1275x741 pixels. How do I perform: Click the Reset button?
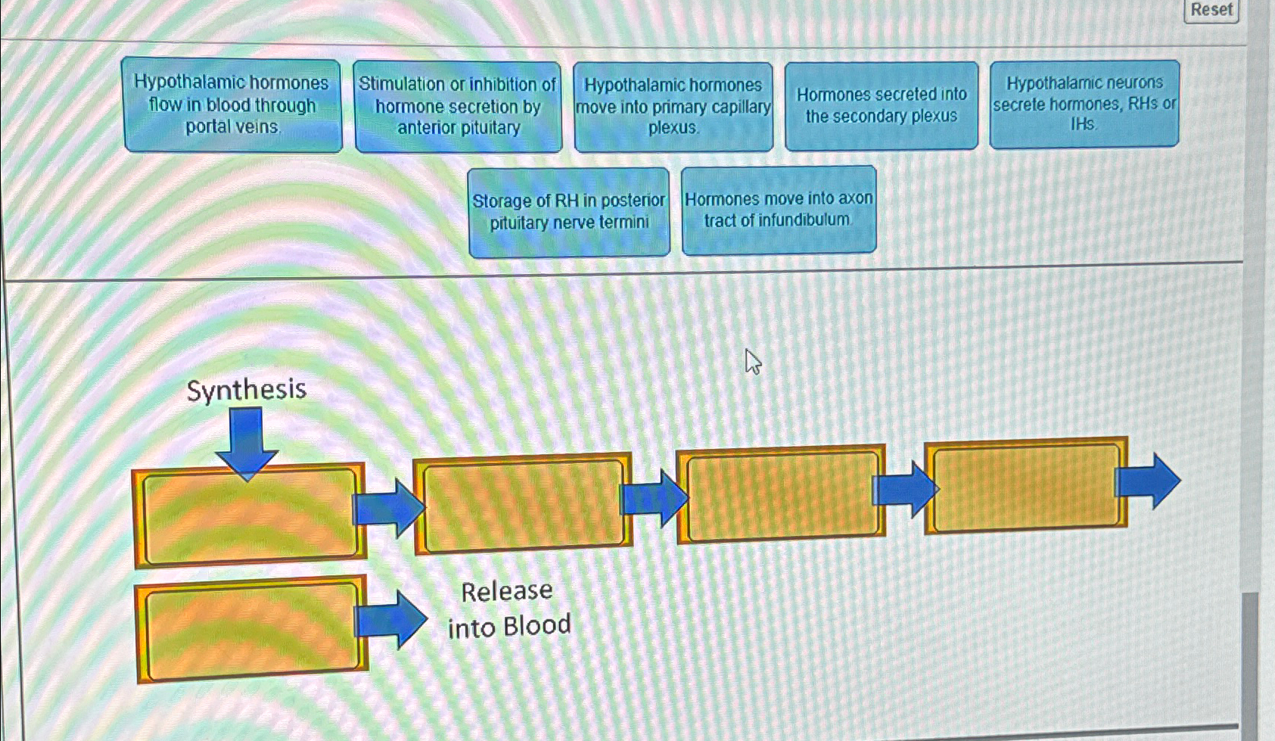[x=1211, y=10]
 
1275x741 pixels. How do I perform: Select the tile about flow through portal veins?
[x=232, y=105]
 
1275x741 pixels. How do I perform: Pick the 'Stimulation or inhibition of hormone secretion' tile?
[x=458, y=106]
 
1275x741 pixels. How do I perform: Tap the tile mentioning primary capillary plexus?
[x=673, y=107]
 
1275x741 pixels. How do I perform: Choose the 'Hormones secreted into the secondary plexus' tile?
[x=882, y=105]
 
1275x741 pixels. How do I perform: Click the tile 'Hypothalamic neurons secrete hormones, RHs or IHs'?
[x=1084, y=104]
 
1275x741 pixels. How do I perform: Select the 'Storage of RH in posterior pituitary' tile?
[x=569, y=212]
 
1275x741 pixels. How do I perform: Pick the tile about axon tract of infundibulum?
[x=779, y=210]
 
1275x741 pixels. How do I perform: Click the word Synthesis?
[x=246, y=390]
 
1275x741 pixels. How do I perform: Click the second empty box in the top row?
[x=523, y=505]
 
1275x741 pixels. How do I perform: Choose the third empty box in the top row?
[x=781, y=494]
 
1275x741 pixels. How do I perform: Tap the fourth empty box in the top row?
[x=1025, y=485]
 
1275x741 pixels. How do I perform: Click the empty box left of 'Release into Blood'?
[x=251, y=628]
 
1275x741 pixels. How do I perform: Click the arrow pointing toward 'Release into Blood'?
[x=390, y=620]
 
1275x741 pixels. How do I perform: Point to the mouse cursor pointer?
[x=752, y=361]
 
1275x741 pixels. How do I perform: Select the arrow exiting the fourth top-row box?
[x=1148, y=481]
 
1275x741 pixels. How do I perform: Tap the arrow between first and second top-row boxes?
[x=389, y=508]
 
